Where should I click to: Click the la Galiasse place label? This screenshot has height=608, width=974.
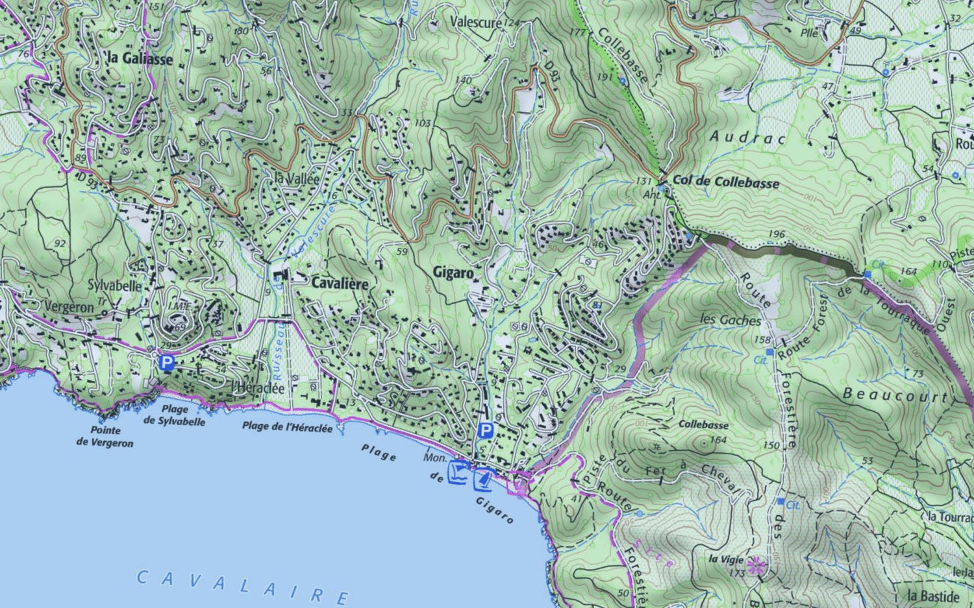[140, 58]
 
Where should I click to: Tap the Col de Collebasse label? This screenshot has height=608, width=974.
[725, 182]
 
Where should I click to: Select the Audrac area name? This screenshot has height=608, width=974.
[747, 137]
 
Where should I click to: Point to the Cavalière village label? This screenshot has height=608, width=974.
[340, 284]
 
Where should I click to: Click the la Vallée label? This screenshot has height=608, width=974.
[297, 178]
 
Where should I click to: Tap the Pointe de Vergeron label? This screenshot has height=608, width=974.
[105, 437]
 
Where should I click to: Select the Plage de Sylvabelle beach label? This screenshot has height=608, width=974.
[174, 415]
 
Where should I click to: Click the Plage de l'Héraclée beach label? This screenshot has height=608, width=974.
[287, 427]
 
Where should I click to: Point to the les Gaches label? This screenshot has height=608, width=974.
[730, 319]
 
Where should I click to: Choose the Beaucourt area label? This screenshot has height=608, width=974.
[895, 395]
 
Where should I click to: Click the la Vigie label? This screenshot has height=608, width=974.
[726, 559]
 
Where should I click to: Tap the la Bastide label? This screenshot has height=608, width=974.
[933, 596]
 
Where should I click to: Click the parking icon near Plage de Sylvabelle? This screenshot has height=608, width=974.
[167, 363]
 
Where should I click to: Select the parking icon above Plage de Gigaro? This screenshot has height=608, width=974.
[485, 431]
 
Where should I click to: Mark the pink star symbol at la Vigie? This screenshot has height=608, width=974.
[755, 566]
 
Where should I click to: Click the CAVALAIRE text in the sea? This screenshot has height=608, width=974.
[243, 586]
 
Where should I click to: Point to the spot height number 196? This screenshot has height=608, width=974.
[776, 234]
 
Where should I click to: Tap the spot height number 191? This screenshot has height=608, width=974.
[605, 77]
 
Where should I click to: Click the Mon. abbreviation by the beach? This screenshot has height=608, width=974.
[434, 457]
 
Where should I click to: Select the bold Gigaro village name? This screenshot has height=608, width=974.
[453, 273]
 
